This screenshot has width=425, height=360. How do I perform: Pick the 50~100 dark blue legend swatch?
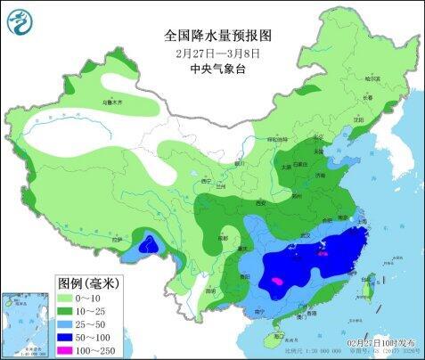tap(72, 339)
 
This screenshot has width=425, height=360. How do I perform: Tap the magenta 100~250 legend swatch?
tap(72, 352)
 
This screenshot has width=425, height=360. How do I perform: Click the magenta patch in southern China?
tap(279, 281)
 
